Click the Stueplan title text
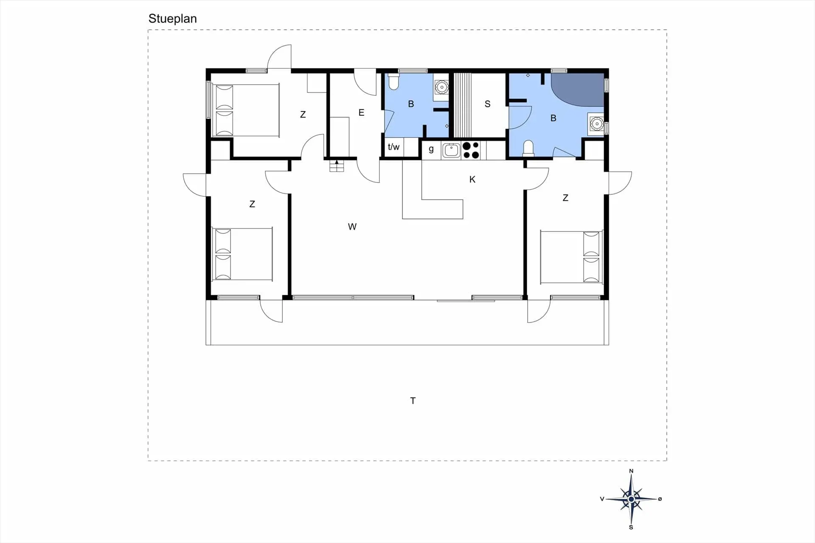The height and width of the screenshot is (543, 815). (172, 19)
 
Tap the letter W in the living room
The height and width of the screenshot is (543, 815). (352, 227)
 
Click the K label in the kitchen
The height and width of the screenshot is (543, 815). (472, 179)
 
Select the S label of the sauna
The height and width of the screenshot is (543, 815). (487, 104)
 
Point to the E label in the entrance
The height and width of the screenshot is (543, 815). (361, 112)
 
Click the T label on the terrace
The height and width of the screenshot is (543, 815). (413, 400)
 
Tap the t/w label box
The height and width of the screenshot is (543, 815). (393, 147)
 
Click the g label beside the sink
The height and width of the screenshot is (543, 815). (431, 149)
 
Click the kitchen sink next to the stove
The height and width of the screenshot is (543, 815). (451, 150)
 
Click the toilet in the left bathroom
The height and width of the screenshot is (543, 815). (393, 81)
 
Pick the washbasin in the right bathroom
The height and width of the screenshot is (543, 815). (596, 124)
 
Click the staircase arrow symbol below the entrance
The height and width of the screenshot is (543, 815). (337, 165)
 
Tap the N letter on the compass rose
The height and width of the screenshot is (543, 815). (631, 471)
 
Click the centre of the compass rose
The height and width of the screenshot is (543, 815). (631, 499)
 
